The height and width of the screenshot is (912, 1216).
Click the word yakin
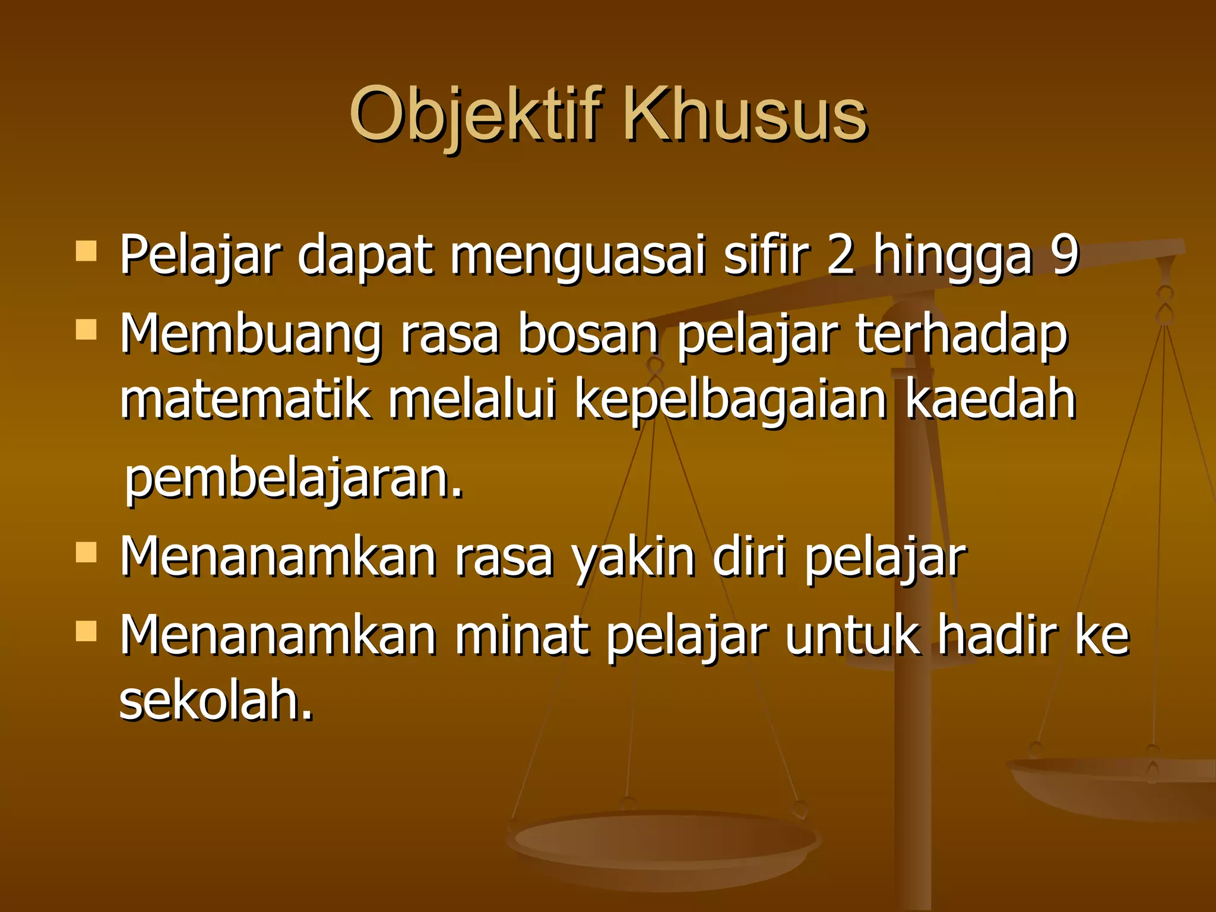click(633, 559)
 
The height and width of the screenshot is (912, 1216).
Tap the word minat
click(522, 636)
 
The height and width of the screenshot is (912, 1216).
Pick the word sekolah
click(216, 700)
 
